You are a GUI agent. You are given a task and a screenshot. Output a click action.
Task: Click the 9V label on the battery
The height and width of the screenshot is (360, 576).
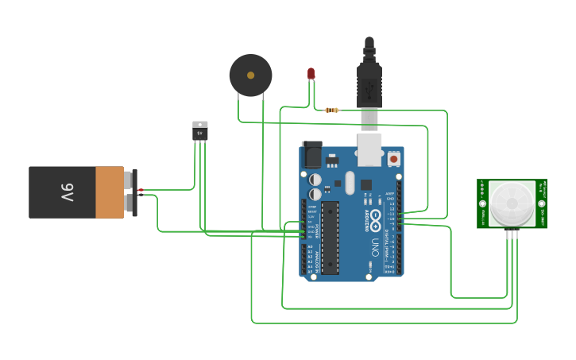67,192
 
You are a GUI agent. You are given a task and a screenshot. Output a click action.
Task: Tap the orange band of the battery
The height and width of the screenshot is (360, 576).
110,192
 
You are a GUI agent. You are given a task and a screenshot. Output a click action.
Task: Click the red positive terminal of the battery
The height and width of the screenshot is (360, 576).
140,191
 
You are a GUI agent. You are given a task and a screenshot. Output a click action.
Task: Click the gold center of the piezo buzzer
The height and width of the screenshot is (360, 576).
250,75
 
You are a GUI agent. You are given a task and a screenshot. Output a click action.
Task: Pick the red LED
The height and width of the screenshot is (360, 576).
311,74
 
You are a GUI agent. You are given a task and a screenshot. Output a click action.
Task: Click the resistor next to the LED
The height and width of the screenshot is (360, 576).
332,110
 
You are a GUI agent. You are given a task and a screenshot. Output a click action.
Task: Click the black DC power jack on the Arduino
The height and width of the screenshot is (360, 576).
311,155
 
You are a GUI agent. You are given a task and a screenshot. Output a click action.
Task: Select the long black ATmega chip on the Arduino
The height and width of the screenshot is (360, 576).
330,236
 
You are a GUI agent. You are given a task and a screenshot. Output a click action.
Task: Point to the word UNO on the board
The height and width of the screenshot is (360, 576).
373,247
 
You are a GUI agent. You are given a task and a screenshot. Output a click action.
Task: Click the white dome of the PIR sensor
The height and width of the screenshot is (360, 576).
512,203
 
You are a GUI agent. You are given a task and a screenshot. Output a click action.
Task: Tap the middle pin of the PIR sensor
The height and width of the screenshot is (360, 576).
512,233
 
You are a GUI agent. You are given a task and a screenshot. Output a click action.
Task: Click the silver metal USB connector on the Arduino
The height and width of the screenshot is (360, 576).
369,149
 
